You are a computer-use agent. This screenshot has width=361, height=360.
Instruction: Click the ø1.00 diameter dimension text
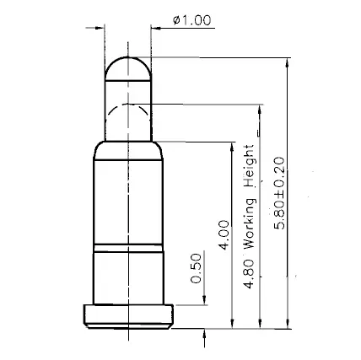click(191, 21)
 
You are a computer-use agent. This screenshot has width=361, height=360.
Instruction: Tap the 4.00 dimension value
click(224, 235)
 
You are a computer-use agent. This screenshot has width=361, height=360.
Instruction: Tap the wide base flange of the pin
click(129, 314)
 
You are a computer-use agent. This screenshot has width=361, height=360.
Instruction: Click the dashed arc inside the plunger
click(129, 105)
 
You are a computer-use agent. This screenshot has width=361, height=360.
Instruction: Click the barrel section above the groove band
click(129, 198)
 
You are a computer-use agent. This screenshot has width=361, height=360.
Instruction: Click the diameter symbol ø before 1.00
click(175, 21)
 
